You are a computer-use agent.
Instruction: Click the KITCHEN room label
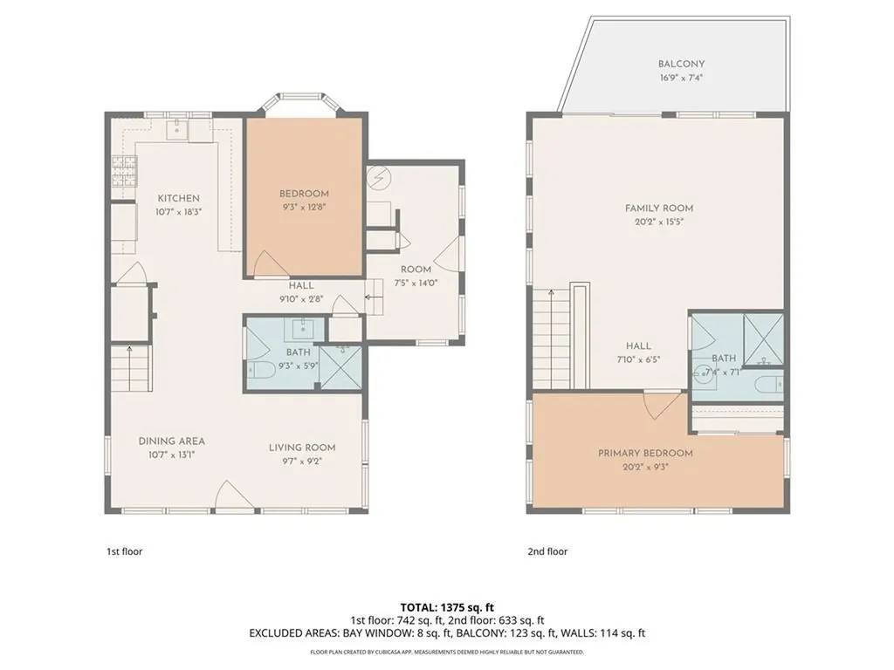click(179, 199)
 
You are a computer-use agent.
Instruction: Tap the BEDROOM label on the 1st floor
click(304, 194)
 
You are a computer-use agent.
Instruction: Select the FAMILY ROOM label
click(659, 209)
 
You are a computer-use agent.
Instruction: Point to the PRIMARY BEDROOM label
click(645, 454)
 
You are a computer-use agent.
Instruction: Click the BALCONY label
click(681, 64)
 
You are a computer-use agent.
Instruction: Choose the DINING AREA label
click(171, 441)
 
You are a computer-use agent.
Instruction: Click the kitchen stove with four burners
click(124, 173)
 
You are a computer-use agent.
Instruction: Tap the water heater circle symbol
click(379, 179)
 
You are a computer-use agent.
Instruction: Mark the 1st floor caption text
click(125, 551)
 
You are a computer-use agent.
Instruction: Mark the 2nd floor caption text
click(547, 551)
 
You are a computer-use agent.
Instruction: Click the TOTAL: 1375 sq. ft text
click(446, 606)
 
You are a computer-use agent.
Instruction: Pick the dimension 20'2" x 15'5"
click(659, 222)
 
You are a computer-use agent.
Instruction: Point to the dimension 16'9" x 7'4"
click(681, 77)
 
